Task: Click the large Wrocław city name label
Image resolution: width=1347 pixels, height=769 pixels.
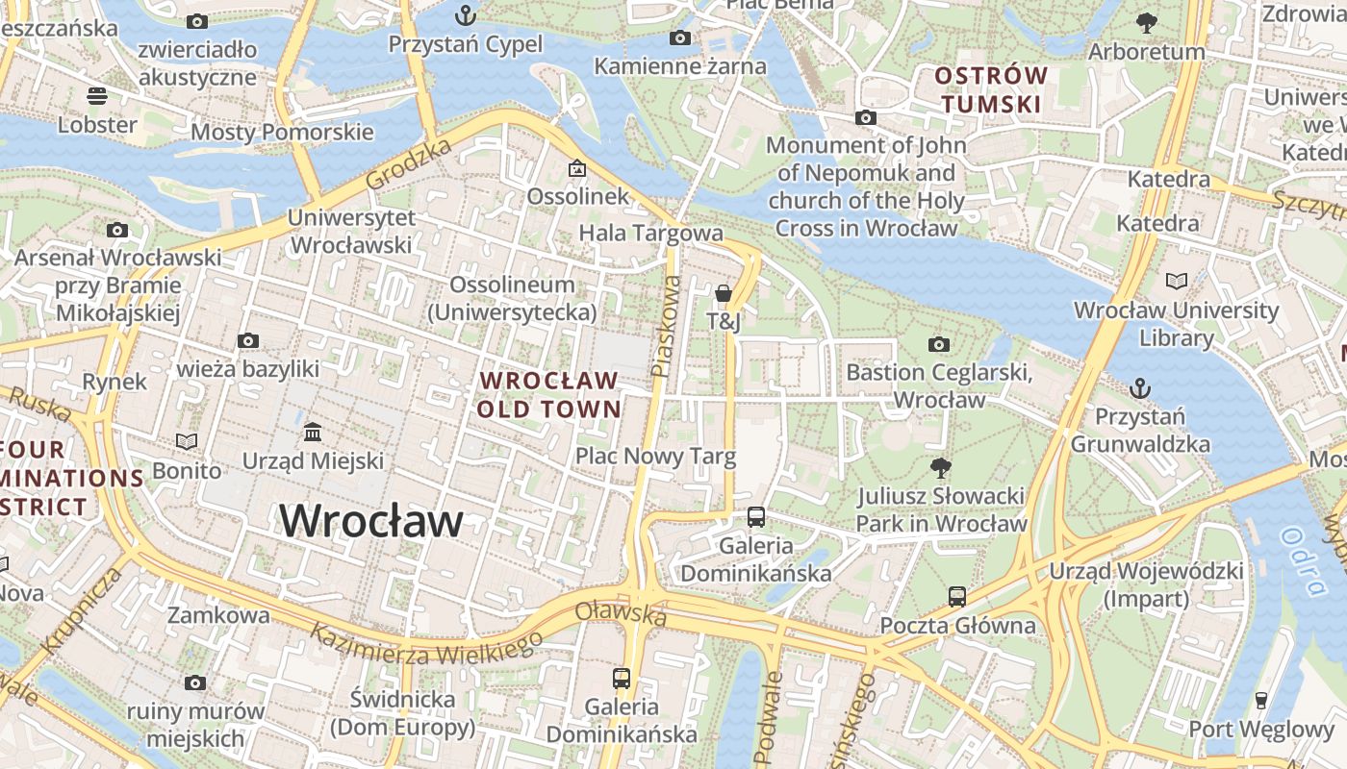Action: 371,521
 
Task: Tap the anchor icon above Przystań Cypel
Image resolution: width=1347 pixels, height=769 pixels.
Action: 466,14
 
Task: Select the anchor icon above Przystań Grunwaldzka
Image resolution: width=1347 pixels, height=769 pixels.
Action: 1139,388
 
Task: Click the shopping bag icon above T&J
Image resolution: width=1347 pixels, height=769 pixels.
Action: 724,292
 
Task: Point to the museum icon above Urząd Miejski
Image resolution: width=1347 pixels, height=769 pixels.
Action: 313,432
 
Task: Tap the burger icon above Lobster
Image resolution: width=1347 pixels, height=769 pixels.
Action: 97,95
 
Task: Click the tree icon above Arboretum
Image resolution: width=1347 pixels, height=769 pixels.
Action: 1146,22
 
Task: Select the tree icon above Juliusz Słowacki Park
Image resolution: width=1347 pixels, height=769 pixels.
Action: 941,468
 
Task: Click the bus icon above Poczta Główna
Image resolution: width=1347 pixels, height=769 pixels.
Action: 956,596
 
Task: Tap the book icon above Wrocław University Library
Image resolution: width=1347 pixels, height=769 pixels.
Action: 1176,281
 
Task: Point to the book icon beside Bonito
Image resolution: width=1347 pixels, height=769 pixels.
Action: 187,441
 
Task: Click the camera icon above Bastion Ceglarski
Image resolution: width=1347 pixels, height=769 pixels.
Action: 939,344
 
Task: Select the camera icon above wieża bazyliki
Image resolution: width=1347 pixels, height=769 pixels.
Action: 248,340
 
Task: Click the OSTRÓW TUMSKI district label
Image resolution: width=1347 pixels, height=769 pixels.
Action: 991,89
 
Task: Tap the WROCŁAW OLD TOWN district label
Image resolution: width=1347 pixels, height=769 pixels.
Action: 548,394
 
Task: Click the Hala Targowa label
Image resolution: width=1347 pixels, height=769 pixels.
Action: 650,233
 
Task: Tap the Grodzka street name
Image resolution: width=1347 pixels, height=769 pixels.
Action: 408,163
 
